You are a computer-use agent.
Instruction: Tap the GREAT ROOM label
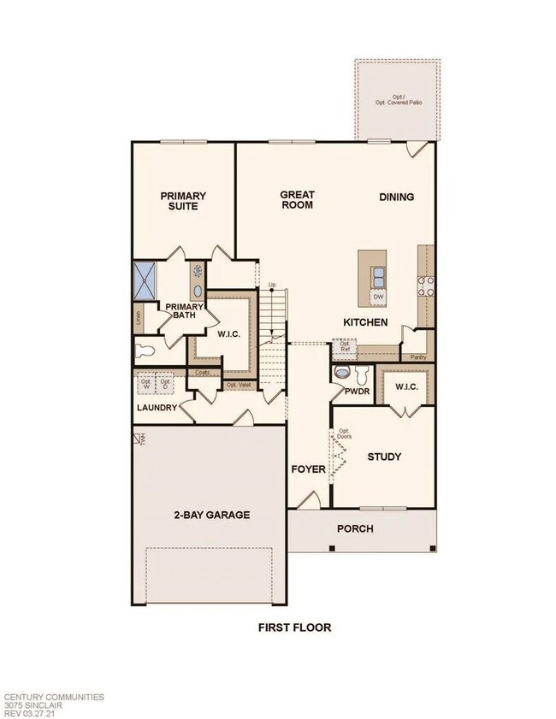[x=297, y=200]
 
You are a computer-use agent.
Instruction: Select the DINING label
[x=396, y=197]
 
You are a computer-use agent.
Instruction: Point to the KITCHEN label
[x=365, y=322]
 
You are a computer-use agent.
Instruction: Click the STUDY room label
[x=384, y=457]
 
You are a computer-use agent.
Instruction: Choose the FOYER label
[x=308, y=469]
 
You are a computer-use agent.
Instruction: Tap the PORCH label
[x=354, y=528]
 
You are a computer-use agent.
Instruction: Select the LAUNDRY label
[x=157, y=408]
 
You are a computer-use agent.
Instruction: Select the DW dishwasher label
[x=377, y=298]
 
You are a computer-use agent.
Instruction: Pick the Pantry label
[x=418, y=357]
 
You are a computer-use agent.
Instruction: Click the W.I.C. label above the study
[x=405, y=386]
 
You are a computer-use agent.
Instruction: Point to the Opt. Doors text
[x=344, y=434]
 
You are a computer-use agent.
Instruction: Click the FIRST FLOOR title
[x=294, y=628]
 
